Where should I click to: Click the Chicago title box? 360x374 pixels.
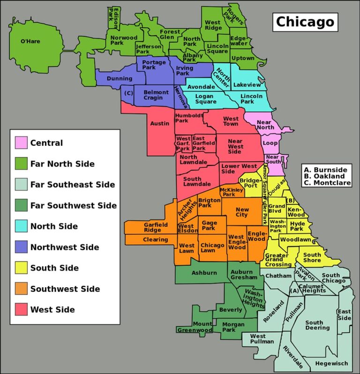pyautogui.click(x=305, y=22)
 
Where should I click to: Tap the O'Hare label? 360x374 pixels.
pyautogui.click(x=30, y=41)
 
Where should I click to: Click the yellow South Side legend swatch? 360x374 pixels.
pyautogui.click(x=21, y=268)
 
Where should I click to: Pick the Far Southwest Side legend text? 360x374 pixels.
pyautogui.click(x=74, y=205)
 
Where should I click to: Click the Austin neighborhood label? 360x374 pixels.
pyautogui.click(x=160, y=124)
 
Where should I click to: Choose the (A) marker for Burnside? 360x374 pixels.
pyautogui.click(x=294, y=291)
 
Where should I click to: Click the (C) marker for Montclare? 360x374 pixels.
pyautogui.click(x=127, y=92)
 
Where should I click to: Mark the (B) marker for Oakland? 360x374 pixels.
pyautogui.click(x=290, y=201)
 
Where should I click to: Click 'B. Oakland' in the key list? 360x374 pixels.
pyautogui.click(x=325, y=176)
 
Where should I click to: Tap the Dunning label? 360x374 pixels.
pyautogui.click(x=120, y=79)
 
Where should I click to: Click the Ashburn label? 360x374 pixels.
pyautogui.click(x=204, y=273)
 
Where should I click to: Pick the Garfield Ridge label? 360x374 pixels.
pyautogui.click(x=156, y=227)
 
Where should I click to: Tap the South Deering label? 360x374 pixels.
pyautogui.click(x=317, y=325)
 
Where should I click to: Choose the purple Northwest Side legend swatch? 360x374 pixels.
pyautogui.click(x=21, y=247)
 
